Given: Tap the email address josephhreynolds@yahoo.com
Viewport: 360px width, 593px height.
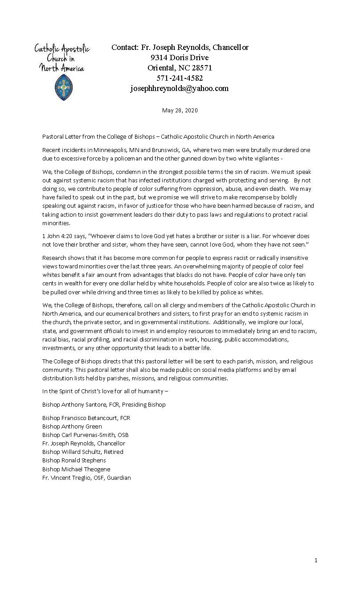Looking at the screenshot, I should tap(180, 88).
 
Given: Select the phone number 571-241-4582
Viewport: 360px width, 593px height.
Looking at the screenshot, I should tap(180, 78).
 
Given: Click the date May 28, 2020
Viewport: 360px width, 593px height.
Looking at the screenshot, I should tap(180, 110).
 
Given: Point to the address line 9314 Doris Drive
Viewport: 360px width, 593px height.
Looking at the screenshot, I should tap(180, 58).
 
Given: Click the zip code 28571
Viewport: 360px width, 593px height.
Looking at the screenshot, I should tap(201, 68).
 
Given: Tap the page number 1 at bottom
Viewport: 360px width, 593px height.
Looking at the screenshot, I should tap(316, 560).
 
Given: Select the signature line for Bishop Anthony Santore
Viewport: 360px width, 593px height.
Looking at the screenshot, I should tap(104, 404).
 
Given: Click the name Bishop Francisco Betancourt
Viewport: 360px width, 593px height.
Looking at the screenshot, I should tap(86, 418).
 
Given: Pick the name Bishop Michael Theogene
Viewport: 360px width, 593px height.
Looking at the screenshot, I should tap(76, 469).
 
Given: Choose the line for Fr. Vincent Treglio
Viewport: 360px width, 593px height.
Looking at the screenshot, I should tap(86, 478).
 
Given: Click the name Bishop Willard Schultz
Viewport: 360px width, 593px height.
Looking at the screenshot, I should tap(83, 452).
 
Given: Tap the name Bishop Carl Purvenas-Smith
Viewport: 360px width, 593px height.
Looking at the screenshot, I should tap(86, 435).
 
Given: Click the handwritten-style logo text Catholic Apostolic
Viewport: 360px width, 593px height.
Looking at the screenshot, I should tap(62, 49).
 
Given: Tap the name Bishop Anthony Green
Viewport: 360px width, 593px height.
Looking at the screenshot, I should tap(72, 426).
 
